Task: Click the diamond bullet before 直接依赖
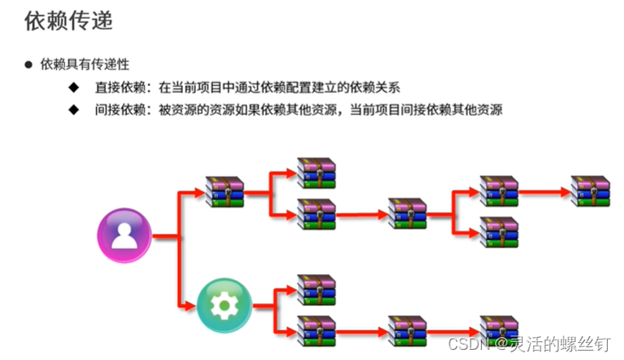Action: point(74,88)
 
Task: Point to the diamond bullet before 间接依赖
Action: point(74,110)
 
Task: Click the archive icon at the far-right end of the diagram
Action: point(590,191)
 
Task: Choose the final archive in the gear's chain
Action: point(499,329)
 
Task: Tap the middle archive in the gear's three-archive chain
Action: point(407,329)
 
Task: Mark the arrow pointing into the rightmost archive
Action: point(545,191)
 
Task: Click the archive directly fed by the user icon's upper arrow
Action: point(225,191)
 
